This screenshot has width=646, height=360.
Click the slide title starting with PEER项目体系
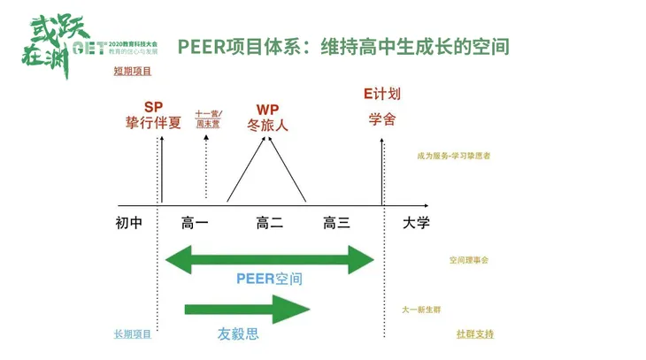click(x=342, y=45)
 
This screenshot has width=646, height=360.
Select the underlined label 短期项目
click(x=133, y=72)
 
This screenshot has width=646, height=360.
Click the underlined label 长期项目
click(x=133, y=334)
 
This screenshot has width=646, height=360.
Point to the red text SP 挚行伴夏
click(x=153, y=115)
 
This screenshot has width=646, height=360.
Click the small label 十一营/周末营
click(x=208, y=119)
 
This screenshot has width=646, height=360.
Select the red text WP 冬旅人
click(x=267, y=118)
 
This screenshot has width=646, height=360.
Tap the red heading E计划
click(x=382, y=94)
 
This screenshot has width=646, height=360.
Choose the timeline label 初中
click(x=129, y=224)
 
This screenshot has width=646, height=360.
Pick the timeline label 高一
click(x=195, y=224)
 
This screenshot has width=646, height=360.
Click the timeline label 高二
click(x=269, y=224)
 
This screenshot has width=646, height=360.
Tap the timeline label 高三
click(x=336, y=224)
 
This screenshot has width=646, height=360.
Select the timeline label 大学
click(x=416, y=224)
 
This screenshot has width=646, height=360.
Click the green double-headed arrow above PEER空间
click(x=271, y=259)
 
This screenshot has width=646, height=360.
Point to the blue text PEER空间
click(x=269, y=279)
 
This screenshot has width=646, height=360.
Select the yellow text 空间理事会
click(x=468, y=260)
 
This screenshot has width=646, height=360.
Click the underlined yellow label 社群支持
click(x=475, y=334)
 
